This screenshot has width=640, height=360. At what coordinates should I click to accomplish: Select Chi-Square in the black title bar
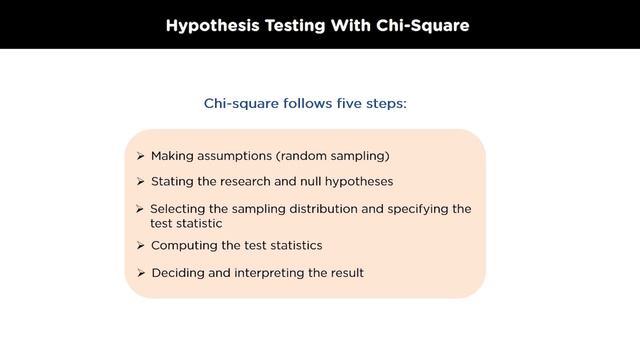[424, 25]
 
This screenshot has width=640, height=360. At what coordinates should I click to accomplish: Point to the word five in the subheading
[344, 103]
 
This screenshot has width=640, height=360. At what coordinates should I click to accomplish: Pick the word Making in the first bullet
[172, 156]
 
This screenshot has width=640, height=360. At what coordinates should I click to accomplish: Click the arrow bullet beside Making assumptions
[141, 156]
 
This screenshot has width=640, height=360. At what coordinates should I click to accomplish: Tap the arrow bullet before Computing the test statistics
[141, 245]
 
